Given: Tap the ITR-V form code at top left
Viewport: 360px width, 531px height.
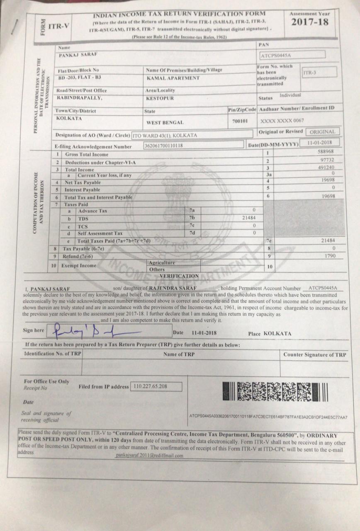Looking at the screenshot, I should (x=59, y=26).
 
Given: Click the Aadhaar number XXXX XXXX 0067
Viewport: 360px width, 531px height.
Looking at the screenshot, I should (x=282, y=121).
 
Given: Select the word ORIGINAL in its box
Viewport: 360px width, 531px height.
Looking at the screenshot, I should (x=322, y=132).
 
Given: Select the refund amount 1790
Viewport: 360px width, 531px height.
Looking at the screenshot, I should (x=330, y=256).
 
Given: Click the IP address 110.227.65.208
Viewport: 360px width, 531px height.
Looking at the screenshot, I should (x=150, y=386).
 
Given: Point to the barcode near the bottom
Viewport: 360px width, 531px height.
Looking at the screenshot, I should (x=275, y=392).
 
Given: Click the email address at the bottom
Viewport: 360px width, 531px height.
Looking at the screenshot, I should (x=150, y=455).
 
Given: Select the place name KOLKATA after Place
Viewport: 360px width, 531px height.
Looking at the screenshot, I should (x=277, y=334).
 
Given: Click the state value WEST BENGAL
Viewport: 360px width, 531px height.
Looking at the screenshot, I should (x=165, y=123).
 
